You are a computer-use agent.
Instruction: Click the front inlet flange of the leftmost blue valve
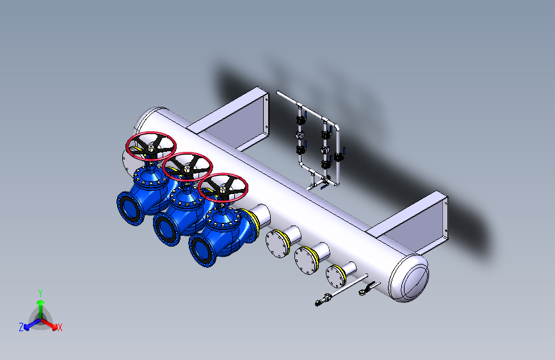pyautogui.click(x=130, y=209)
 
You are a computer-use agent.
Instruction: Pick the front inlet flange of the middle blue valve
pyautogui.click(x=166, y=229)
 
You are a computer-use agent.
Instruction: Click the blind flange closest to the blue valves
pyautogui.click(x=277, y=244)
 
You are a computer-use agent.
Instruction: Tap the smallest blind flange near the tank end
pyautogui.click(x=335, y=276)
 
